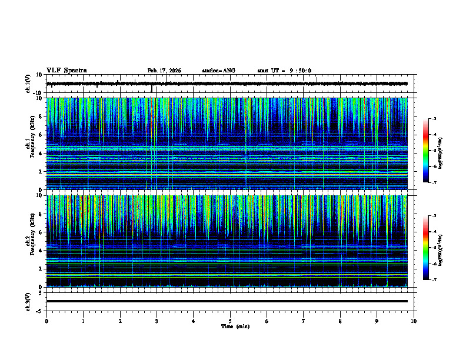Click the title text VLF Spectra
[66, 71]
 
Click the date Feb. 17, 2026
[164, 71]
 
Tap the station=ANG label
[218, 71]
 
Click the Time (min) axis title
[235, 326]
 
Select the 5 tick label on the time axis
[230, 321]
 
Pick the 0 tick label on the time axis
[46, 321]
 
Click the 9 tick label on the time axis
[377, 321]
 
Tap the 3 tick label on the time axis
[157, 321]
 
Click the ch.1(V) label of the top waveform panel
[28, 84]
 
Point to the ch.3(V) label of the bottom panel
[28, 301]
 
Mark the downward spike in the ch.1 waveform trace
[151, 89]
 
